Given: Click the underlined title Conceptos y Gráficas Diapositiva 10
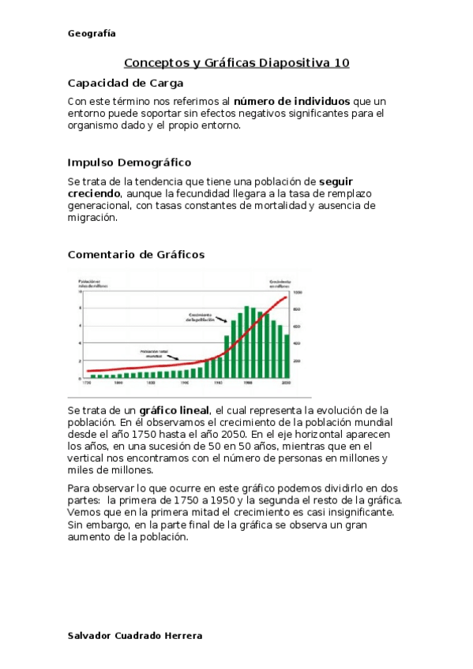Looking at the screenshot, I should pos(237,63).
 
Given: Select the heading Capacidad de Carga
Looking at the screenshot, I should pos(126,83).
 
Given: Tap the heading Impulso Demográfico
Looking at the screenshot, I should pos(130,163).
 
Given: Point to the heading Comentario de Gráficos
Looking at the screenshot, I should pos(136,254).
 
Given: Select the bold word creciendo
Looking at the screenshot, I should pos(94,193).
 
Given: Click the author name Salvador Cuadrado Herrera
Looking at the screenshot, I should pos(135,636).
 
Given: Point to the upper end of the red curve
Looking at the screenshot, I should pos(286,297).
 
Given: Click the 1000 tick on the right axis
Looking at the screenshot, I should pos(298,292).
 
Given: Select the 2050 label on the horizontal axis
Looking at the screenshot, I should pos(287,383).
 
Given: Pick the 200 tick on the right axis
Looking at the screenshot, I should pos(297,361).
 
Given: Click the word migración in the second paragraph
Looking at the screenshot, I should pos(92,219).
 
